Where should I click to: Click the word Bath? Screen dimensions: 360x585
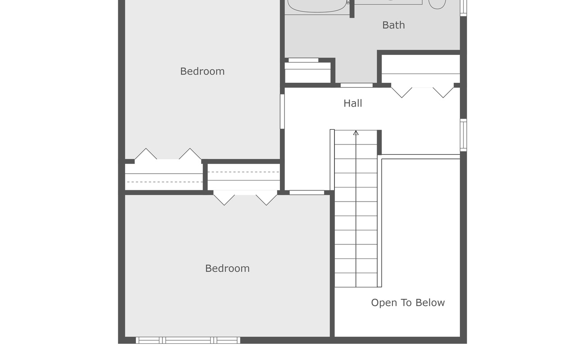[393, 25]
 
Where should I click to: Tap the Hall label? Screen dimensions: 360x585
[352, 103]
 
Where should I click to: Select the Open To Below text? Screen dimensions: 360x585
[408, 303]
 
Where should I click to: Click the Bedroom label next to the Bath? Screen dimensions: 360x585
[202, 72]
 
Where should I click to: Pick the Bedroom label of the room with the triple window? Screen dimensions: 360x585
[227, 269]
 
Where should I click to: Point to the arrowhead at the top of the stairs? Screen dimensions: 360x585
[356, 133]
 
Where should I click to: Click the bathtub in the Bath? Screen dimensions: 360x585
[317, 5]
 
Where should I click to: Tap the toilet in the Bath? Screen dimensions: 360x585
[437, 4]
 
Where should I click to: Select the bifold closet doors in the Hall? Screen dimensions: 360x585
[422, 91]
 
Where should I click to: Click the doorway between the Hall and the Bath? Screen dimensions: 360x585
[356, 85]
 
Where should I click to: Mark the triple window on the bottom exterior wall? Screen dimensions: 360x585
[188, 340]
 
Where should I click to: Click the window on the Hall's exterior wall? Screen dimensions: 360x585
[463, 135]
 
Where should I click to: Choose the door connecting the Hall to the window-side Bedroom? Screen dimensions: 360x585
[306, 193]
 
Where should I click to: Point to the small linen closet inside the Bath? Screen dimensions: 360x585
[308, 72]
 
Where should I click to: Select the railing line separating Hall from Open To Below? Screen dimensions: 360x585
[420, 157]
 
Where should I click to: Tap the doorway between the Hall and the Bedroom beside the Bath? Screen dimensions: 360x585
[282, 111]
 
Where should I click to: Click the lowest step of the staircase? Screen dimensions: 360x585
[356, 280]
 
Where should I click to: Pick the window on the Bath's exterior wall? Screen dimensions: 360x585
[463, 7]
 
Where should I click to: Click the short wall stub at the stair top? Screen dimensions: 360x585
[379, 142]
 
